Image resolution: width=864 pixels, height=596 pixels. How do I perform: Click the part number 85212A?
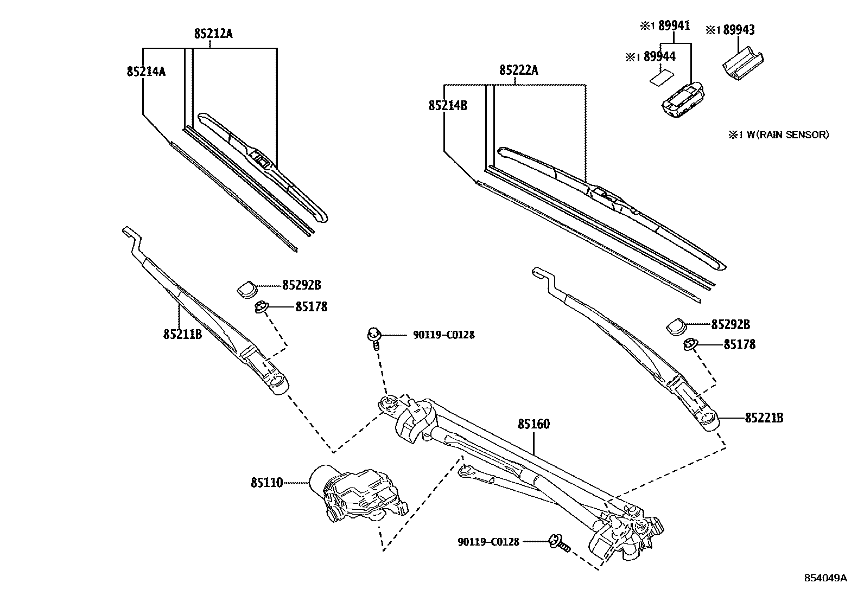[213, 34]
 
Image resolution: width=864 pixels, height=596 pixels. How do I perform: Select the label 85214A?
[146, 71]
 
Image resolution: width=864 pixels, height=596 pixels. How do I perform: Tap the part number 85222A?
[518, 70]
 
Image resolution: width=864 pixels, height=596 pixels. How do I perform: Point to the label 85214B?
[448, 105]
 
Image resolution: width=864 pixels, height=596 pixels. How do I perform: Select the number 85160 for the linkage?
[533, 424]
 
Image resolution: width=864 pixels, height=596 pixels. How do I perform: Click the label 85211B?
[182, 334]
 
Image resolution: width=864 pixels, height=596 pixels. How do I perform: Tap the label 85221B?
[764, 418]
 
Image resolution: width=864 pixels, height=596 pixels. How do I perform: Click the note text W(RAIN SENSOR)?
[784, 134]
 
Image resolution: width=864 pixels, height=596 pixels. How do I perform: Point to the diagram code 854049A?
[825, 578]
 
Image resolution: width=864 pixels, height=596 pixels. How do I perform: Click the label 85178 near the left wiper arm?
[311, 307]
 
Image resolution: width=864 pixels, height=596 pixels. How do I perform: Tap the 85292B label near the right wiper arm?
[730, 324]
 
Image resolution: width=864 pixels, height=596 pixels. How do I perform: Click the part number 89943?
[737, 30]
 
